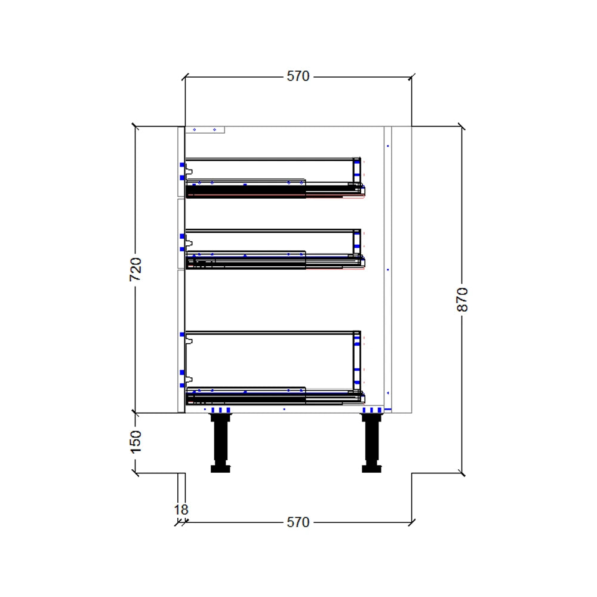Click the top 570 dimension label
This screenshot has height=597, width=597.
(x=298, y=76)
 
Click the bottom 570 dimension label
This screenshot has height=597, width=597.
(x=298, y=522)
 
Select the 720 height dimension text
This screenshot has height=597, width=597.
(x=136, y=269)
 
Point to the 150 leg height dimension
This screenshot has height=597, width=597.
(x=136, y=442)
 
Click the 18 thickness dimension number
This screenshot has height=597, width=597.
(x=181, y=510)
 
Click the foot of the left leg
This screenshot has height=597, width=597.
(x=220, y=469)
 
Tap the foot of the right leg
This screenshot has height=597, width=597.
(x=371, y=469)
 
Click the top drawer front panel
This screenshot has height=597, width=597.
(x=181, y=161)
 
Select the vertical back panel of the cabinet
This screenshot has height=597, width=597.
(x=387, y=269)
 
